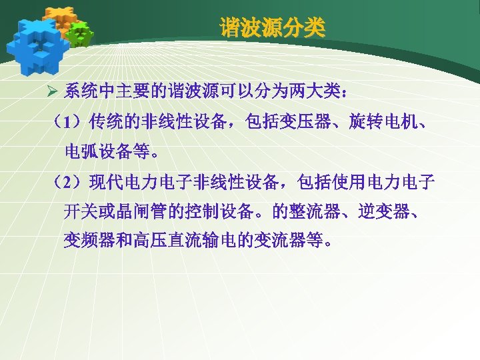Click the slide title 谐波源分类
coord(273,28)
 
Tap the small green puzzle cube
coord(79,34)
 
